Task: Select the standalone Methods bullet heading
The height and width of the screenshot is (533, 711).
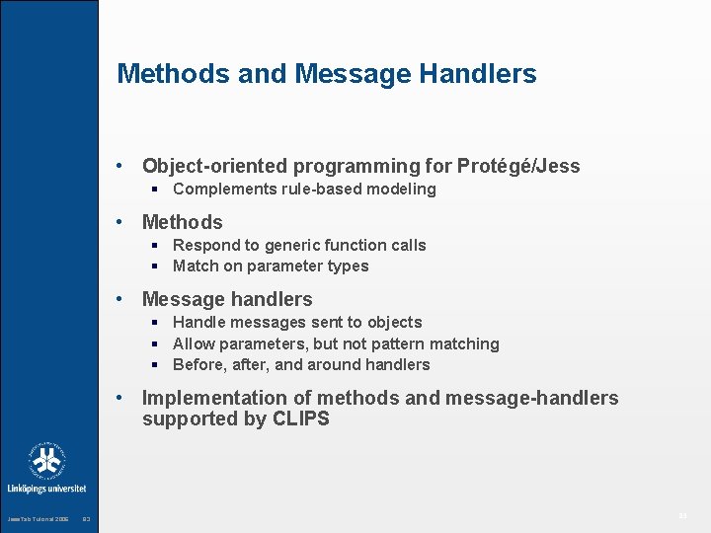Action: [x=183, y=222]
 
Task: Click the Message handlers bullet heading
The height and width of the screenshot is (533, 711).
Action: [x=227, y=299]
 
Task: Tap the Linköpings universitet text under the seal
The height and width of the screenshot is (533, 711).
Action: [x=46, y=488]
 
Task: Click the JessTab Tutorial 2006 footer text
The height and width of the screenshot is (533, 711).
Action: [x=38, y=519]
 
